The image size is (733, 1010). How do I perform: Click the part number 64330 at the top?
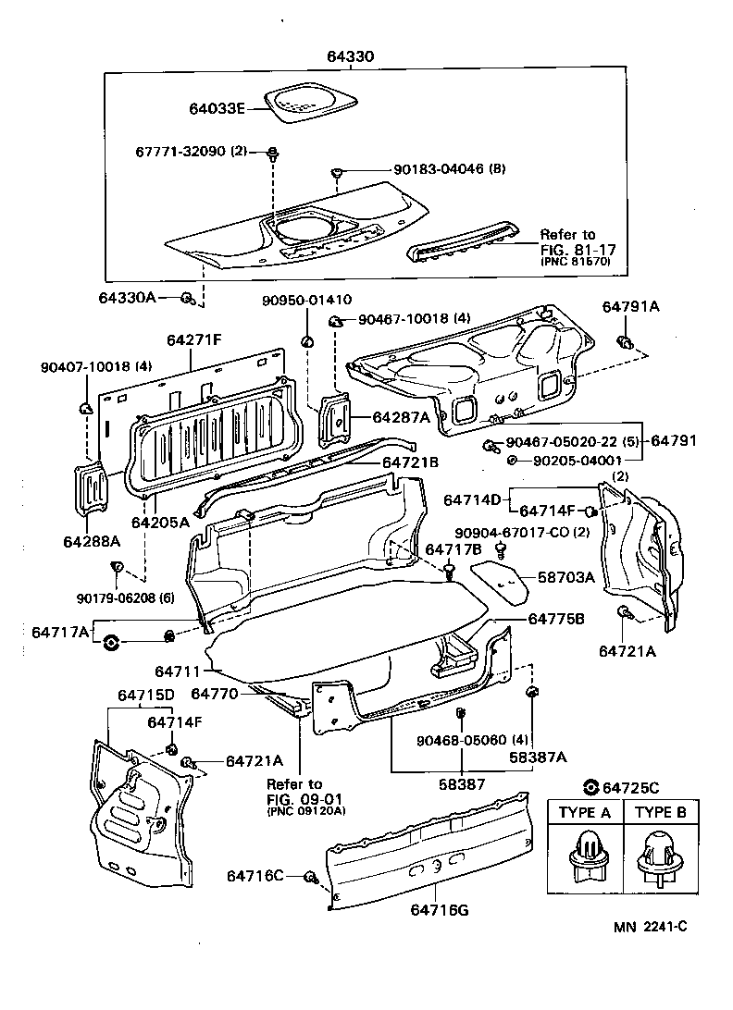350,56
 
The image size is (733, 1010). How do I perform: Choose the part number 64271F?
194,340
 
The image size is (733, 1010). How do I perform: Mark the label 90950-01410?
306,300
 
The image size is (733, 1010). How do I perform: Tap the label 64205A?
167,522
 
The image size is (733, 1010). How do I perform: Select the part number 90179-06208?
115,597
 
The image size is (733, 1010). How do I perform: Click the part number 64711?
176,668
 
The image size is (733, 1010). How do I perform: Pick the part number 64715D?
146,695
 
